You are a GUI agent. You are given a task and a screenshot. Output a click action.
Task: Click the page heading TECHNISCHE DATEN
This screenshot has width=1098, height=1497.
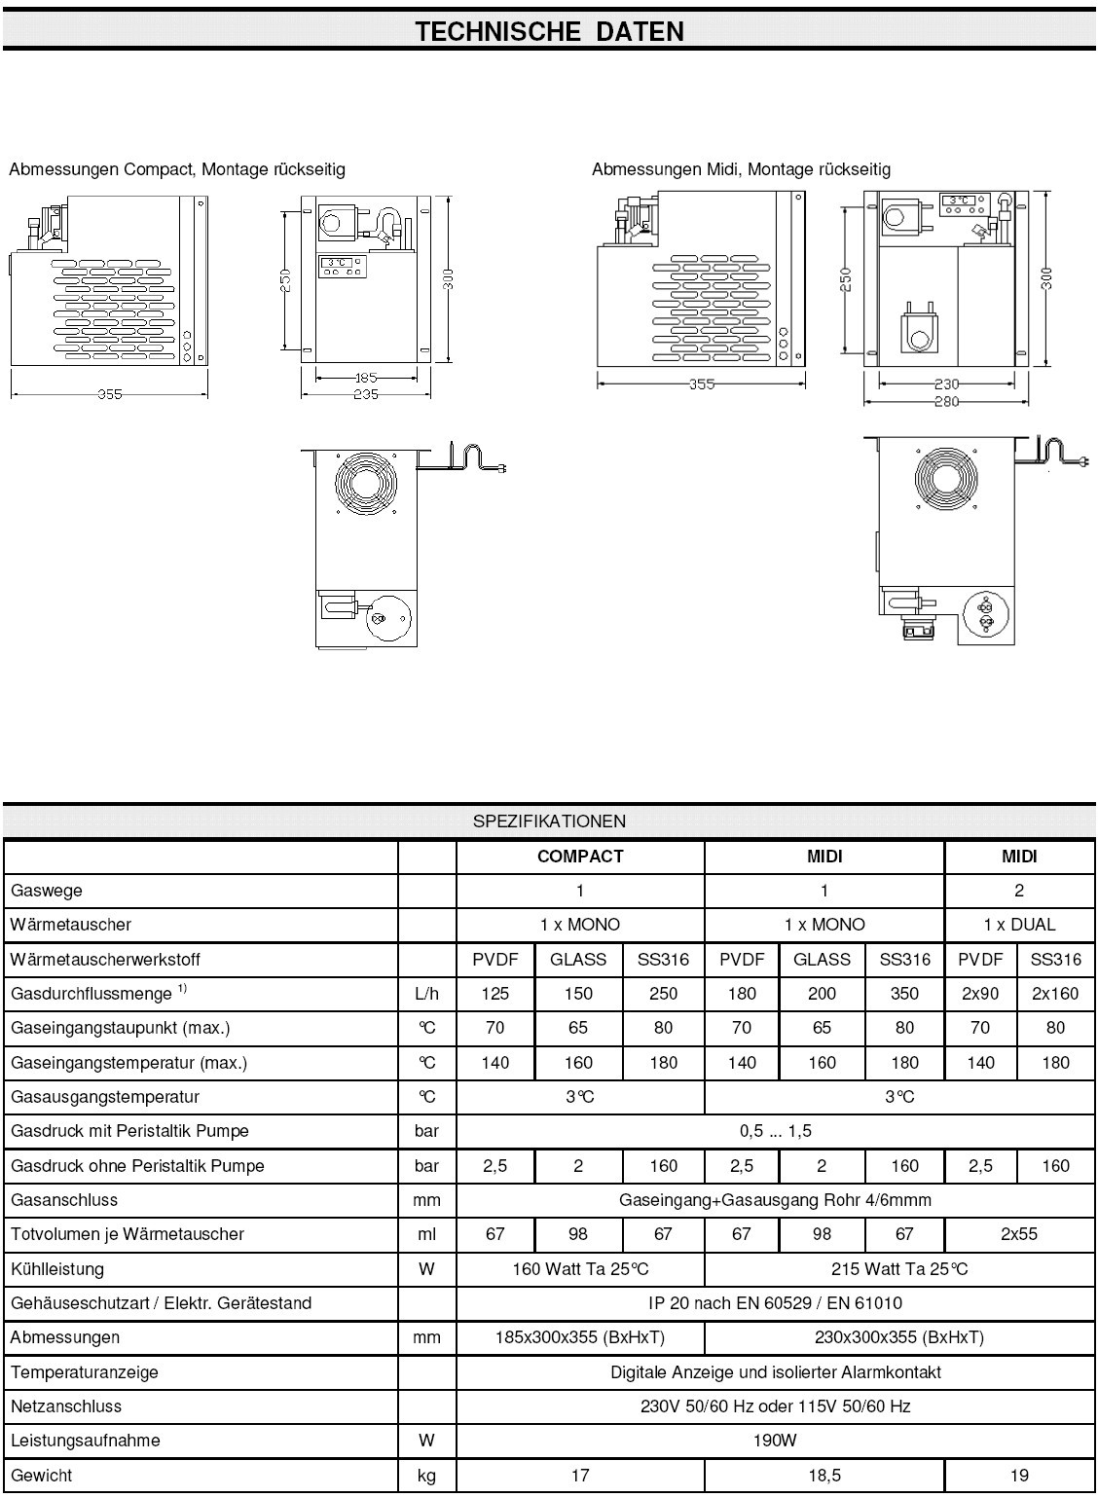tap(549, 31)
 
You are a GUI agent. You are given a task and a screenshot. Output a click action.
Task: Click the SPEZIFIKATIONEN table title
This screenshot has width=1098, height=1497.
tap(549, 821)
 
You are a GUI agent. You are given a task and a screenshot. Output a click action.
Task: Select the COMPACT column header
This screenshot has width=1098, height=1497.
tap(580, 857)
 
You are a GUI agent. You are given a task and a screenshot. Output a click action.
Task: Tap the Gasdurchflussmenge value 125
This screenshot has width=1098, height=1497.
tap(495, 994)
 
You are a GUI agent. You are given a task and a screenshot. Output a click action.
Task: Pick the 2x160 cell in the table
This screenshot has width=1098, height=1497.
tap(1055, 994)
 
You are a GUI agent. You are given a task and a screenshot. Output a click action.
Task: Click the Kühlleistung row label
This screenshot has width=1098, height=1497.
tap(56, 1269)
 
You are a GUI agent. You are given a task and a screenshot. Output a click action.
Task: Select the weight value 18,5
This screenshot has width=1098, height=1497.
tap(823, 1476)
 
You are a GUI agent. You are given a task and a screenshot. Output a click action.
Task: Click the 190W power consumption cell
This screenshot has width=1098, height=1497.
tap(775, 1441)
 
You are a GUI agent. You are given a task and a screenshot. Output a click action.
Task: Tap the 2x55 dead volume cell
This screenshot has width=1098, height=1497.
tap(1019, 1234)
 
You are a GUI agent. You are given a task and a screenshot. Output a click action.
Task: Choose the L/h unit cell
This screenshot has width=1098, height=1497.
tap(426, 994)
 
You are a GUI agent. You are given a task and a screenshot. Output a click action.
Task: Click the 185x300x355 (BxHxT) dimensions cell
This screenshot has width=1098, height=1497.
tap(580, 1337)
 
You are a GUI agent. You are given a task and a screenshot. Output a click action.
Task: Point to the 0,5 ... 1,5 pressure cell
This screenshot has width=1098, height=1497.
tap(775, 1131)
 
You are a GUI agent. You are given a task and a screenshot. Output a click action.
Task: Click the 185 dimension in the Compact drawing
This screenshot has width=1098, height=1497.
tap(365, 378)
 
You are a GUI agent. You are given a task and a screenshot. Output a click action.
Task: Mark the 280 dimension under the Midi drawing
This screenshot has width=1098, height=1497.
tap(946, 401)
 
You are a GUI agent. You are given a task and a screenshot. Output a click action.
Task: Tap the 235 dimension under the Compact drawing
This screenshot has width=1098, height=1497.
tap(365, 394)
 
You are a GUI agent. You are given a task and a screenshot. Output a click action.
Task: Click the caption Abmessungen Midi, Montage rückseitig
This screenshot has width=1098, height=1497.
tap(741, 169)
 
